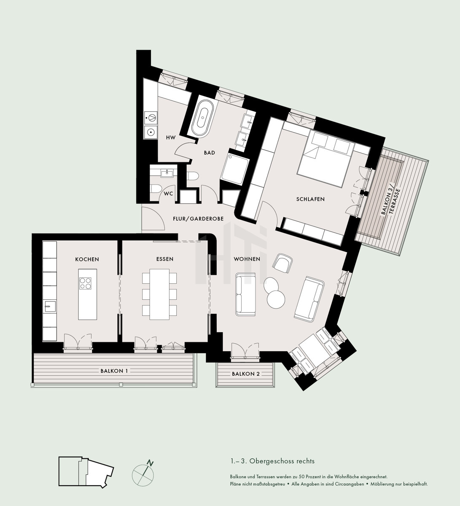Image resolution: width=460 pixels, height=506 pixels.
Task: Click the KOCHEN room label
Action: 87,259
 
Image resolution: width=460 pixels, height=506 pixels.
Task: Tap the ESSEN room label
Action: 165,259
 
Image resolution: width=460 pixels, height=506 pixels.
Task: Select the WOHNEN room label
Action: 247,259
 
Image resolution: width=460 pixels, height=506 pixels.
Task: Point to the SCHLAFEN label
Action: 310,199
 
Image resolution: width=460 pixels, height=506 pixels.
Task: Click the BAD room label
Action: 210,153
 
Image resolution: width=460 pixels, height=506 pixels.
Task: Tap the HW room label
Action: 171,138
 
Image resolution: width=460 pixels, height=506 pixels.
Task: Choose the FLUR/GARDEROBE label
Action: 198,219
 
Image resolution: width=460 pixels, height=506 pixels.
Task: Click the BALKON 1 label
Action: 114,371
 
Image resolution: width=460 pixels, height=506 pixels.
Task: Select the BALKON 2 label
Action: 246,374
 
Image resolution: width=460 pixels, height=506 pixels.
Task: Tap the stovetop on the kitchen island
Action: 85,283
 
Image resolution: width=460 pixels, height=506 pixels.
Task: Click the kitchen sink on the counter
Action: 49,307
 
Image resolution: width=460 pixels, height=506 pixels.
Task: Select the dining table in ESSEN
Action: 159,294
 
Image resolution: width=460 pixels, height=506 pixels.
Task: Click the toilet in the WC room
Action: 156,188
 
